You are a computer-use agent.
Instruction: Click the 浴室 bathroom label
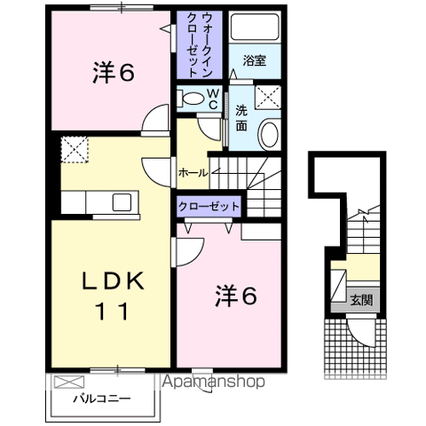pyautogui.click(x=255, y=61)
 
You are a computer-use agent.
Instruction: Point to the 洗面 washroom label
pyautogui.click(x=242, y=118)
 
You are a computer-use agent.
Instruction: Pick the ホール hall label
pyautogui.click(x=193, y=171)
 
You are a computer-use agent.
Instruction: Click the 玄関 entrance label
pyautogui.click(x=360, y=300)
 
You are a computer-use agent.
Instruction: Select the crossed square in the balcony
pyautogui.click(x=66, y=383)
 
